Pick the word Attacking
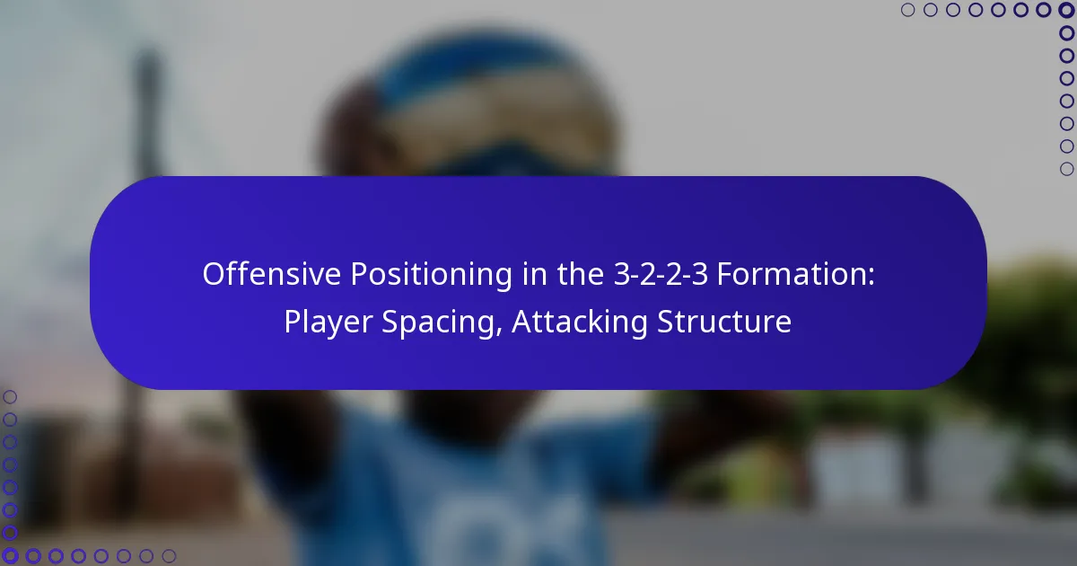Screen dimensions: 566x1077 click(x=580, y=321)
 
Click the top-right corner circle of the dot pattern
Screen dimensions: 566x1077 click(x=1066, y=11)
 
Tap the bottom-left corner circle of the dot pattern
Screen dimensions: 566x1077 click(x=11, y=556)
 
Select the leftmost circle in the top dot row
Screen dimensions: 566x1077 click(x=908, y=11)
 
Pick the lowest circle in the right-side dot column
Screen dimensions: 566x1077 click(x=1066, y=168)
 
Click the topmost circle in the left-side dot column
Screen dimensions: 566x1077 click(x=11, y=397)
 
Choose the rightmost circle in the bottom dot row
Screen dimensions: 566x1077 click(x=169, y=556)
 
